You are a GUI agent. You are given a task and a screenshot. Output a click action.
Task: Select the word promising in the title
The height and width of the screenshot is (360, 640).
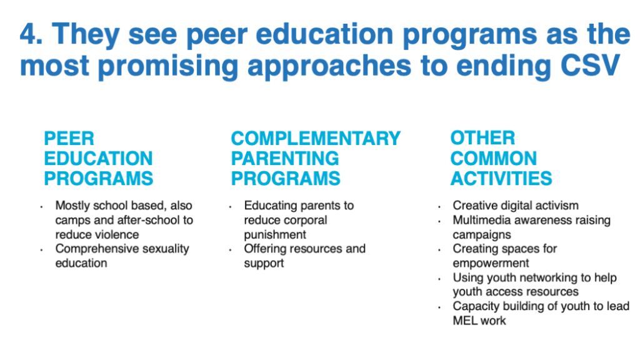pyautogui.click(x=167, y=67)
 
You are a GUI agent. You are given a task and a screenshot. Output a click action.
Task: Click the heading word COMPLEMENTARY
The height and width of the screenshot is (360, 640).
pyautogui.click(x=316, y=138)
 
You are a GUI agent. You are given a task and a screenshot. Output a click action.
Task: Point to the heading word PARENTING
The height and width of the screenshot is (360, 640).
pyautogui.click(x=285, y=158)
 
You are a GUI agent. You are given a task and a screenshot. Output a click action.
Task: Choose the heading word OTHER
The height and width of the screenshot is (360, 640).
pyautogui.click(x=482, y=138)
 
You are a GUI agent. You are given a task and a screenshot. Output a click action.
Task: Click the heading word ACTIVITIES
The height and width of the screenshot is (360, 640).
pyautogui.click(x=501, y=178)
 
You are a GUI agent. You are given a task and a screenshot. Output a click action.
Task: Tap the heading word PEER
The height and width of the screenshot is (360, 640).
pyautogui.click(x=69, y=138)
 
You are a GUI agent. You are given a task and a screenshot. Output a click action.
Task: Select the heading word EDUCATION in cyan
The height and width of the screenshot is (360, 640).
pyautogui.click(x=98, y=158)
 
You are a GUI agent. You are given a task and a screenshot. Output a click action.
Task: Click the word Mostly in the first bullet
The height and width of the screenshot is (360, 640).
pyautogui.click(x=71, y=206)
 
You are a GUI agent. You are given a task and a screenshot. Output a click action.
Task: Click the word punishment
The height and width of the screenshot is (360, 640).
pyautogui.click(x=275, y=235)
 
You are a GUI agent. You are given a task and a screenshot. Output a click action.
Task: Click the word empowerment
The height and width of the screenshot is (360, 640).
pyautogui.click(x=491, y=263)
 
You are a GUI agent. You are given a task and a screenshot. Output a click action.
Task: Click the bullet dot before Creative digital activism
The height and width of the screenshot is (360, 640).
pyautogui.click(x=439, y=207)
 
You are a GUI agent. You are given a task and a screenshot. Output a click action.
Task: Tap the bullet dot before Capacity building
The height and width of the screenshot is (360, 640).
pyautogui.click(x=439, y=307)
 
